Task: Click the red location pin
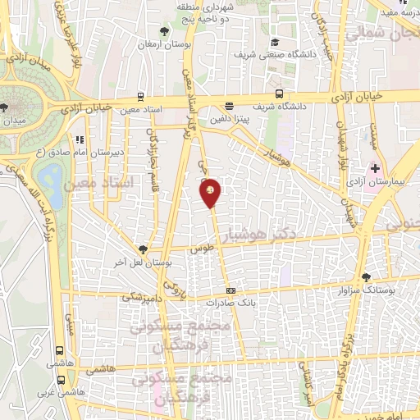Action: point(211,192)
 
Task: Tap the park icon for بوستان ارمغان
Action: point(167,31)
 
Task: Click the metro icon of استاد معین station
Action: point(141,95)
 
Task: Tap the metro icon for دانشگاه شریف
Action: point(279,93)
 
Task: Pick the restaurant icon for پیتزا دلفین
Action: point(228,106)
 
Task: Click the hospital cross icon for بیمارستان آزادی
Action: point(376,167)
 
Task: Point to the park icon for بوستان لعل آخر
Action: point(143,249)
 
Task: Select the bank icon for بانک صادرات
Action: point(231,290)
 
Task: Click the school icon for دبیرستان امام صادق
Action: point(79,139)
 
